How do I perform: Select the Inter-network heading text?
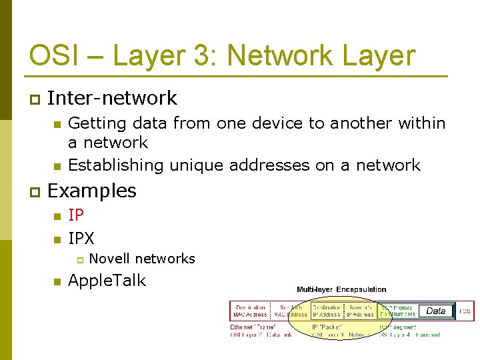coord(112,99)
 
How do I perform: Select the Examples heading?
coord(92,191)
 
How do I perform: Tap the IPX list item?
coord(81,238)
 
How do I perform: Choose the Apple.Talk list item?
coord(107,281)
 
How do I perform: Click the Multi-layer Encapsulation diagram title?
coord(341,289)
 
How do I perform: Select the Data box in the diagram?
coord(435,311)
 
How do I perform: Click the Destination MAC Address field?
coord(250,311)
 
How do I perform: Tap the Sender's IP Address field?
coord(361,311)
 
